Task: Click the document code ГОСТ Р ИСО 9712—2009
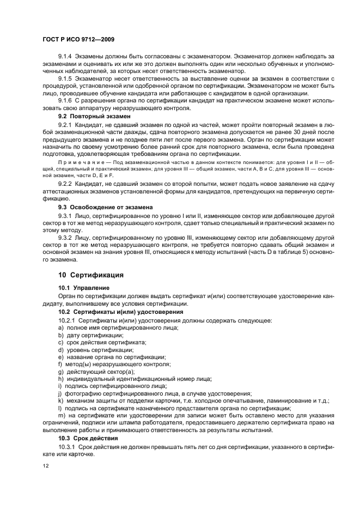coord(78,39)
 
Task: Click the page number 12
coord(46,466)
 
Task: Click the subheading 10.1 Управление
coord(84,287)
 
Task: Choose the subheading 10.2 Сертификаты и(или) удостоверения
coord(120,312)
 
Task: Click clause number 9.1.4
coord(66,57)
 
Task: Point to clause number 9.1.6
coord(66,101)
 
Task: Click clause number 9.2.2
coord(66,184)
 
